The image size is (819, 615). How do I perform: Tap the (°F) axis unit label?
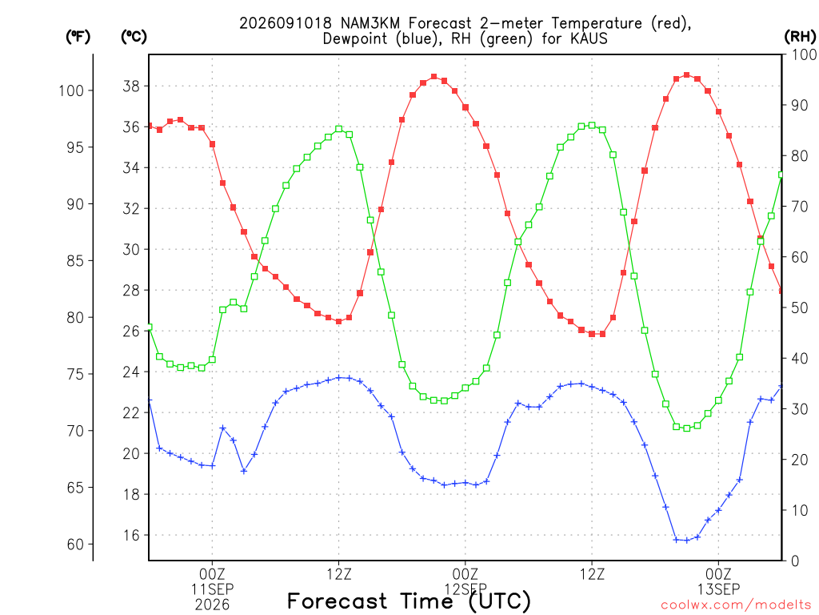pyautogui.click(x=78, y=37)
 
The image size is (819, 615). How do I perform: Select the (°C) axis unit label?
pyautogui.click(x=134, y=37)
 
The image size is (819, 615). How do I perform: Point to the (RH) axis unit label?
pyautogui.click(x=800, y=37)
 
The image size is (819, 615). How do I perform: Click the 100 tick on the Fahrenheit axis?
pyautogui.click(x=71, y=90)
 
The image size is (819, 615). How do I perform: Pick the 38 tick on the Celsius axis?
pyautogui.click(x=132, y=86)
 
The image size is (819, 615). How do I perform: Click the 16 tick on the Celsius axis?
pyautogui.click(x=132, y=535)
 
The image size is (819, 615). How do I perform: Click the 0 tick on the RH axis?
pyautogui.click(x=795, y=561)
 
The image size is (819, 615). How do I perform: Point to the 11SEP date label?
pyautogui.click(x=212, y=589)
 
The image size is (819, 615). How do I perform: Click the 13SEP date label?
pyautogui.click(x=719, y=589)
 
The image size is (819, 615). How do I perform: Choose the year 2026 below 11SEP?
pyautogui.click(x=212, y=605)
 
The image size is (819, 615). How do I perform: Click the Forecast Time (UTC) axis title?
pyautogui.click(x=409, y=601)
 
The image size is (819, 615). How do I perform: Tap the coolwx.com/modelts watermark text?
pyautogui.click(x=736, y=605)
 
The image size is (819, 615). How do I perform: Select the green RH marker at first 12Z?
pyautogui.click(x=339, y=129)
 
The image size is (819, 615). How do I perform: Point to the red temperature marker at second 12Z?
pyautogui.click(x=592, y=334)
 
